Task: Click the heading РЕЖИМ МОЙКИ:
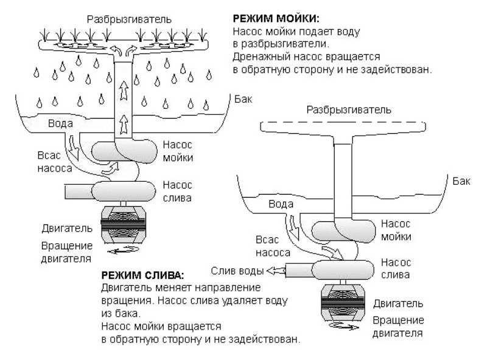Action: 276,18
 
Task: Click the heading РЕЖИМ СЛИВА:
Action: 143,275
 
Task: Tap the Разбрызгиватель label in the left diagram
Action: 129,19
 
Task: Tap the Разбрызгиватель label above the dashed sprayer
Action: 349,110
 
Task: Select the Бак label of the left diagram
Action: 243,99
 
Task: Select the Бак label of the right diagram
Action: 461,181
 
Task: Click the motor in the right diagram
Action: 343,302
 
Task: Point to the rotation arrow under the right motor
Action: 343,327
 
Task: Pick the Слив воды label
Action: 237,271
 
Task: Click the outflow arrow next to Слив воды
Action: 276,271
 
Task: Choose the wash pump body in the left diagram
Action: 124,151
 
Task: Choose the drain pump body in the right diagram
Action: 343,270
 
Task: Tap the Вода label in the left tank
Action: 60,123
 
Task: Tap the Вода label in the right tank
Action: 281,204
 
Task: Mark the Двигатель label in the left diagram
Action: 67,229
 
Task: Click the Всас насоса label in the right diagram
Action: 273,246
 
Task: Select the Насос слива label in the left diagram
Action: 177,192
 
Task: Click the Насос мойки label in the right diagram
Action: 396,230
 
